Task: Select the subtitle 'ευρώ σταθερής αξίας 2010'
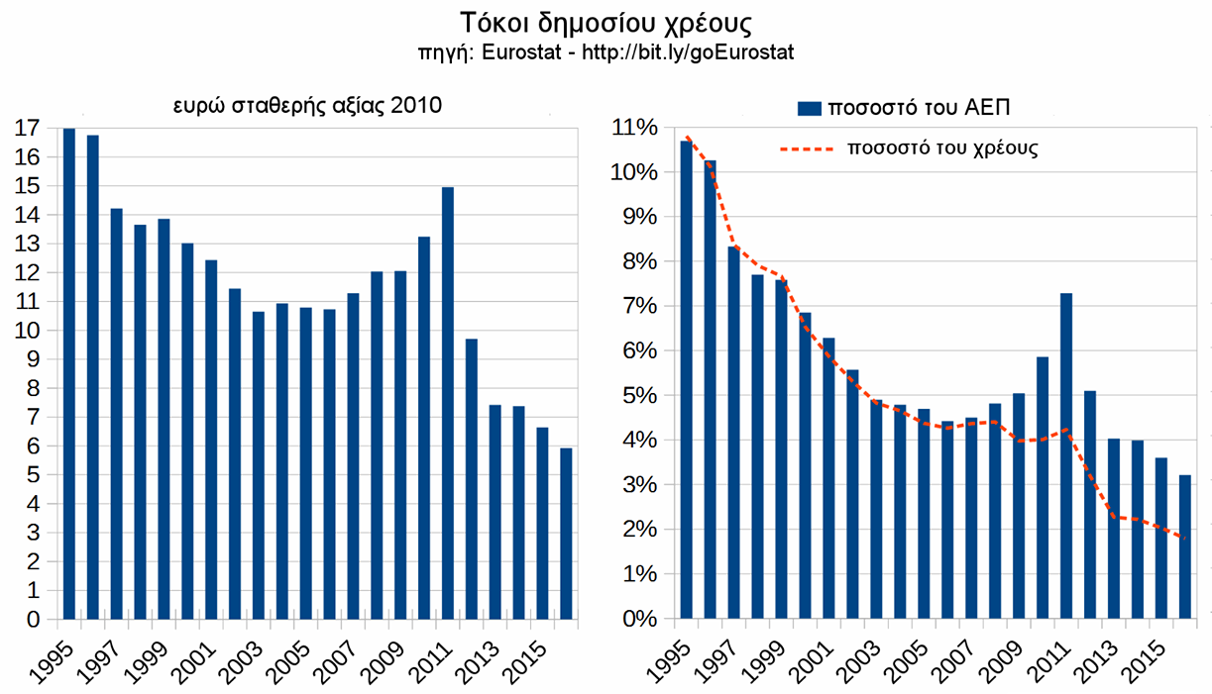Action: [x=307, y=105]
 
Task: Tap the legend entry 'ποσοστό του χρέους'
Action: [x=941, y=149]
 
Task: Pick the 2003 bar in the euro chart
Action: [x=259, y=465]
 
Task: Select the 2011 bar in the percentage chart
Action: [x=1066, y=455]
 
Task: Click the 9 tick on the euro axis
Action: [x=33, y=359]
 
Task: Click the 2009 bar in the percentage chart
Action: [x=1019, y=506]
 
